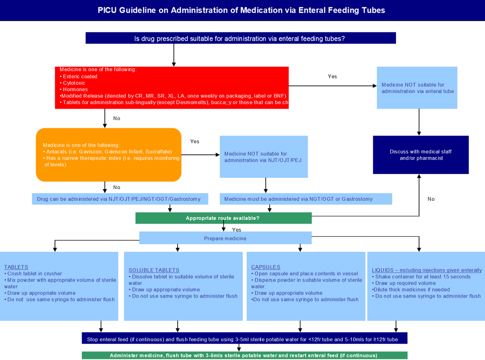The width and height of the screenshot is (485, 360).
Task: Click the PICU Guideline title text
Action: [241, 10]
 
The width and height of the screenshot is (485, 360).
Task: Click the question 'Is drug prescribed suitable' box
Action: [240, 38]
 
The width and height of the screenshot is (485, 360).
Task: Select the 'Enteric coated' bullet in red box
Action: [80, 76]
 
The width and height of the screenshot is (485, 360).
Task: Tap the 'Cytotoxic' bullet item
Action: [74, 83]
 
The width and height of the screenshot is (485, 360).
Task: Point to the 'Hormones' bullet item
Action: [75, 89]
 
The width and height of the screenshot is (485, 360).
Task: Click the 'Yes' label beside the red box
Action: [332, 76]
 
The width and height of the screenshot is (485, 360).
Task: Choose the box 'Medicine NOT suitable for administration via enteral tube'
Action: [417, 88]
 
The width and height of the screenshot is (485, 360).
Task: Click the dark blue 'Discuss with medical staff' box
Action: [420, 155]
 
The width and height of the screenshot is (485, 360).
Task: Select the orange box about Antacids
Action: [109, 155]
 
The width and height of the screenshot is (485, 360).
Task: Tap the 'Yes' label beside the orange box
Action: [195, 141]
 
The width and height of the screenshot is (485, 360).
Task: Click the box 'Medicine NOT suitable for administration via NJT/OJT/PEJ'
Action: [264, 157]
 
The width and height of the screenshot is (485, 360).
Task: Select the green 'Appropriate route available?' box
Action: [223, 218]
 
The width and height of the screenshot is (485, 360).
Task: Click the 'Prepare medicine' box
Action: [225, 238]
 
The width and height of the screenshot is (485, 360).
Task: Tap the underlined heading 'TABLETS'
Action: [16, 267]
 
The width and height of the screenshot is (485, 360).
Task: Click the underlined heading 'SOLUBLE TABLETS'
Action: [154, 270]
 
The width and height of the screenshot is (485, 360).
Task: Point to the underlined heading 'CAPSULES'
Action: [266, 267]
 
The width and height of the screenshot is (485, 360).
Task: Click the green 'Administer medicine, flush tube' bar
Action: [244, 356]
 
